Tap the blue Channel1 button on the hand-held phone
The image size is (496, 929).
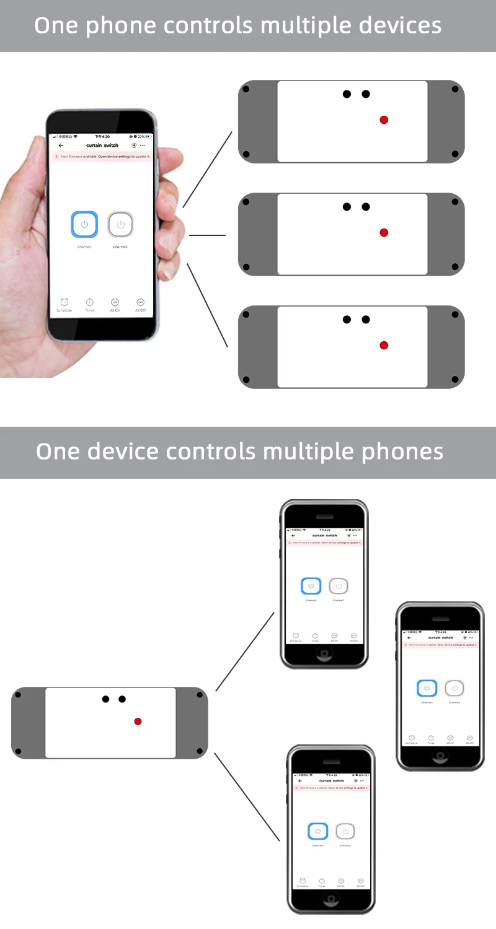click(84, 224)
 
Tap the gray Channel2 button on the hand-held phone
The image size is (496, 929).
click(120, 224)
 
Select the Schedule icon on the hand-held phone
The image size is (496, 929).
click(64, 303)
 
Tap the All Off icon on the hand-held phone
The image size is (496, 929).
click(140, 303)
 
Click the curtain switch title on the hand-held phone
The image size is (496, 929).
click(102, 145)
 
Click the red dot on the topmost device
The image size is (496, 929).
click(384, 120)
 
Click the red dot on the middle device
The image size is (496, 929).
click(384, 232)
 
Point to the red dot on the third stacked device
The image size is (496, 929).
click(384, 345)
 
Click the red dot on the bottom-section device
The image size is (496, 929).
click(138, 722)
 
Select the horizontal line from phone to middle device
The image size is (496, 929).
click(207, 235)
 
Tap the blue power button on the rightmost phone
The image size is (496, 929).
click(427, 688)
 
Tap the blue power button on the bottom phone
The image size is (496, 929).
click(318, 831)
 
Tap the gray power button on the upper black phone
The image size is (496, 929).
click(338, 586)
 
